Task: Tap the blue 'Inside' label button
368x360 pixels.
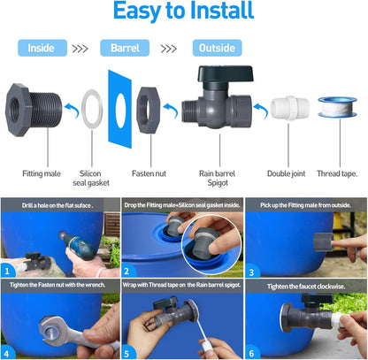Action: [42, 48]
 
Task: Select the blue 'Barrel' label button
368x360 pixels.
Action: [125, 48]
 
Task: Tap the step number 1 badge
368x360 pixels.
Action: [8, 270]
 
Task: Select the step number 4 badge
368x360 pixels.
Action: [8, 351]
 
